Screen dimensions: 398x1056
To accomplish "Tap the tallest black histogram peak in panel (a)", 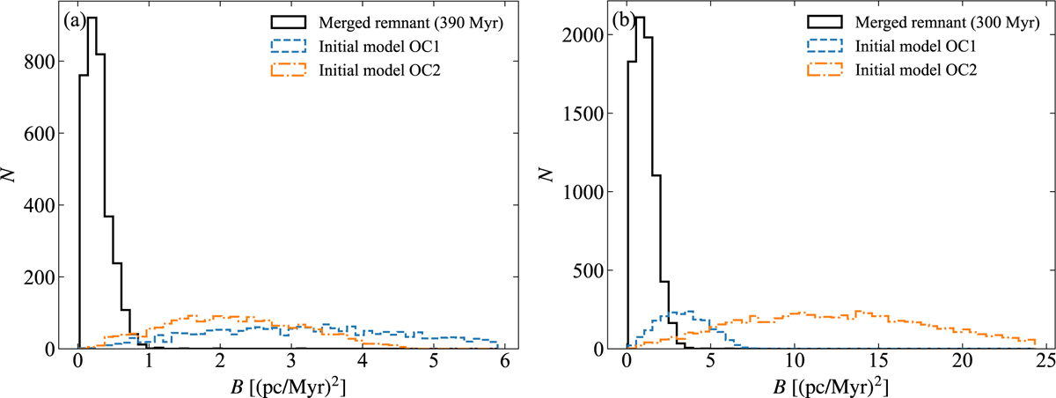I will pyautogui.click(x=92, y=18).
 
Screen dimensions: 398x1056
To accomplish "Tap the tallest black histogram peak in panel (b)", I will pyautogui.click(x=640, y=18).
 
